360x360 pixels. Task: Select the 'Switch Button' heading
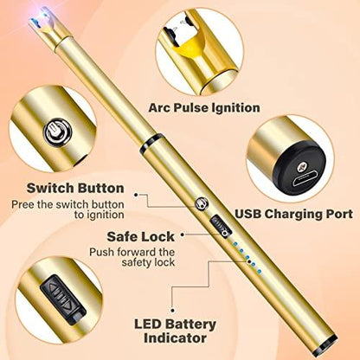[74, 188]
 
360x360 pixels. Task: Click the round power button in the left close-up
[52, 133]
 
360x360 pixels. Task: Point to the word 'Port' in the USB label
[337, 213]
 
